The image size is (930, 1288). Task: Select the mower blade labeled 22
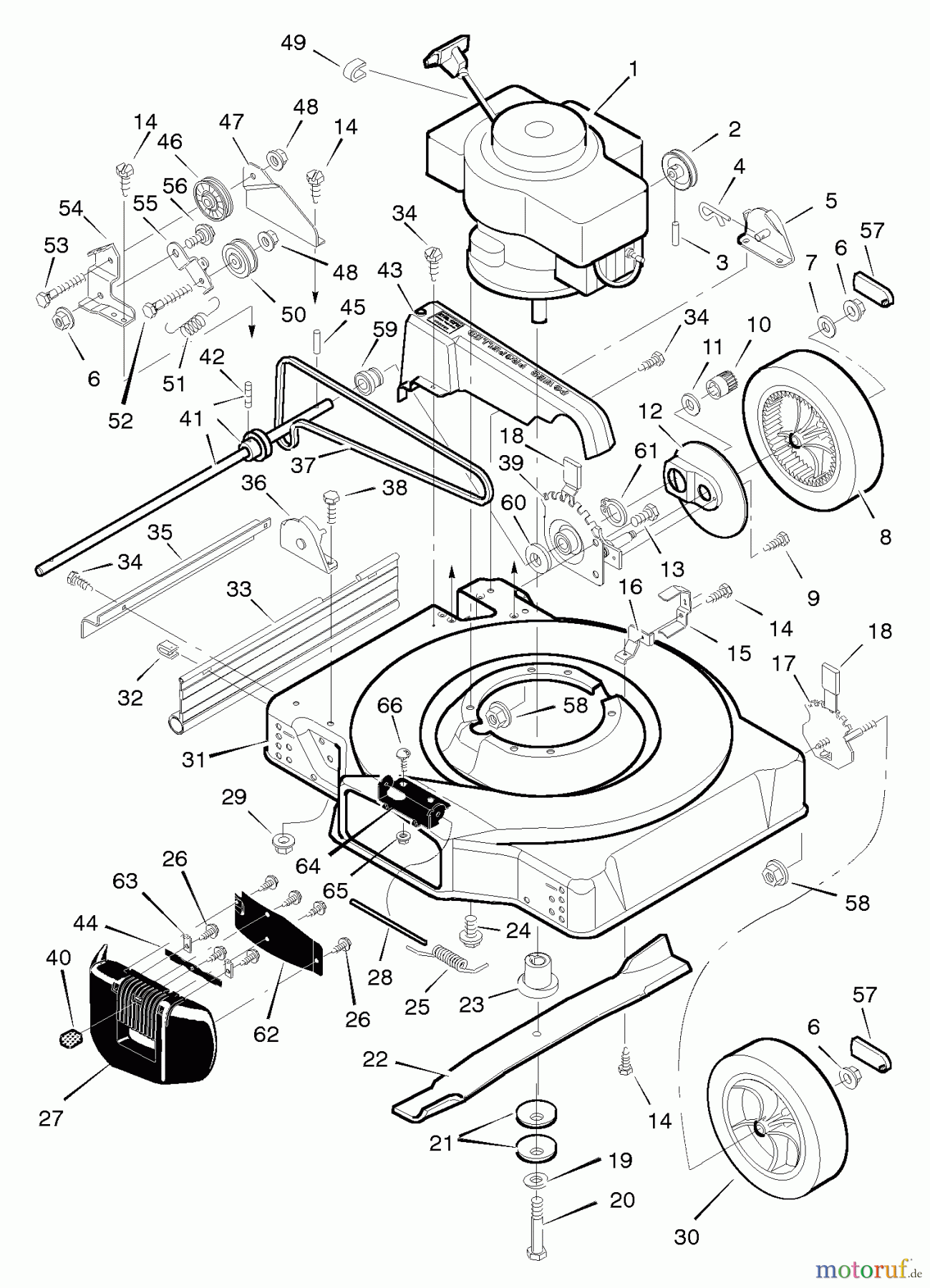coord(537,1030)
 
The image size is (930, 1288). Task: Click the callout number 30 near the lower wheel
coord(687,1236)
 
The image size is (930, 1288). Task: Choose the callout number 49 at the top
coord(294,43)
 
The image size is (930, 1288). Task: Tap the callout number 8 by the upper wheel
coord(885,537)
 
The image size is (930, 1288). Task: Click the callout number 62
coord(266,1033)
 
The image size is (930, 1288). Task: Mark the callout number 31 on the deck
coord(193,759)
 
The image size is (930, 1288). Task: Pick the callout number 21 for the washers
coord(441,1143)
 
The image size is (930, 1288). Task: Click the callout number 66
coord(390,706)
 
